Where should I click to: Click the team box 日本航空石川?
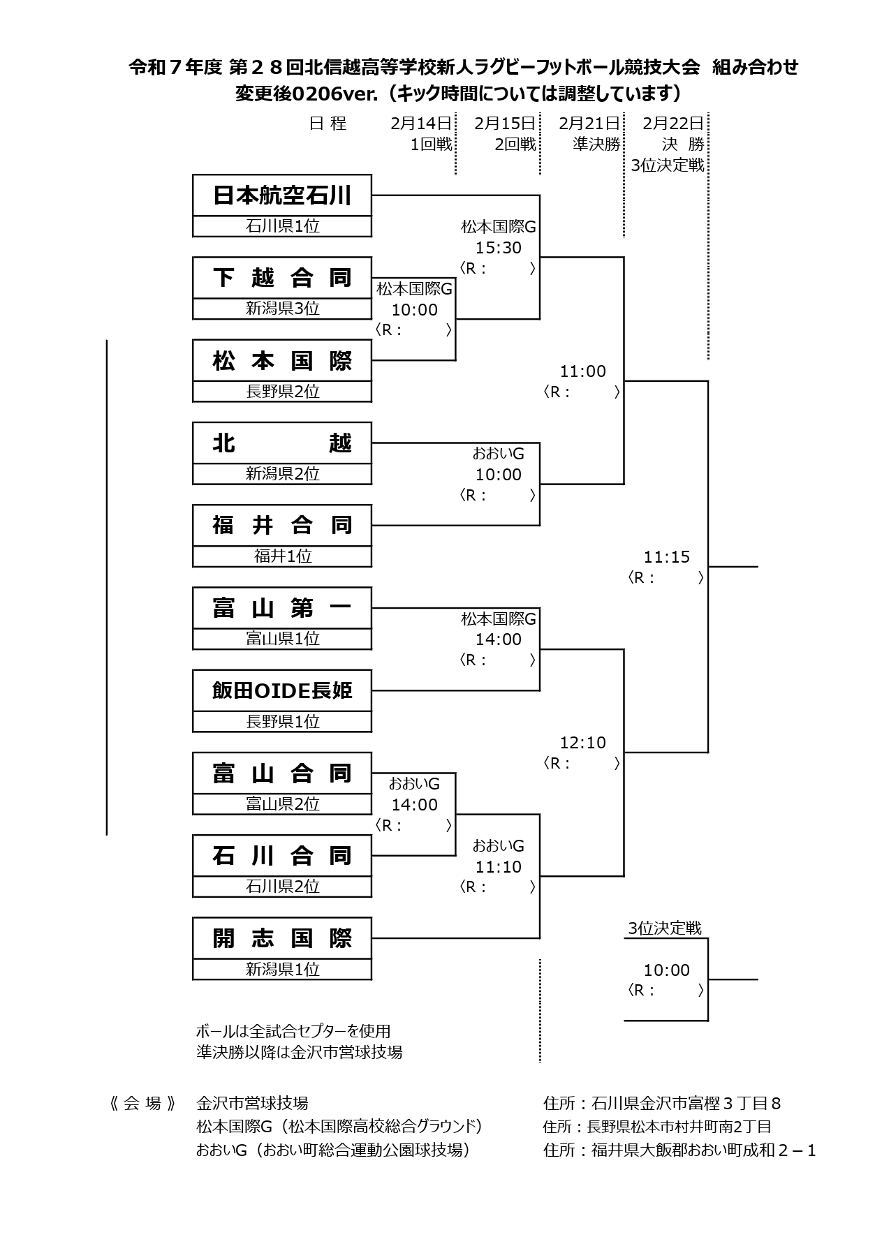coord(282,195)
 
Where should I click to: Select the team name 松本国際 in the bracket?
coord(282,361)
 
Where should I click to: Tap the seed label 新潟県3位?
coord(282,309)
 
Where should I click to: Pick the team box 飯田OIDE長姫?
coord(282,690)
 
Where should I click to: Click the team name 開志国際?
coord(282,938)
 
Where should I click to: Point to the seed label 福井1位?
coord(282,556)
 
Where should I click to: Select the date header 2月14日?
coord(421,124)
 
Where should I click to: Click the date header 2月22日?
coord(672,124)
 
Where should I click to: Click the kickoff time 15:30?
coord(498,248)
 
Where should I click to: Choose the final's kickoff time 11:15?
coord(666,557)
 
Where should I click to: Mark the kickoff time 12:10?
coord(582,743)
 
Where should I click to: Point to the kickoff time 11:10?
coord(498,867)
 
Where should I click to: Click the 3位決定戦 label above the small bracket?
coord(664,928)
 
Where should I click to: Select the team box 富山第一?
coord(282,608)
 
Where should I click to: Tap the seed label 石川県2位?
coord(282,887)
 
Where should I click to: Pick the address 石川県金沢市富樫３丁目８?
coord(685,1104)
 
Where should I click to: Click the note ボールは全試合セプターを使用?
coord(293,1031)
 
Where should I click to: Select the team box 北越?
coord(282,443)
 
